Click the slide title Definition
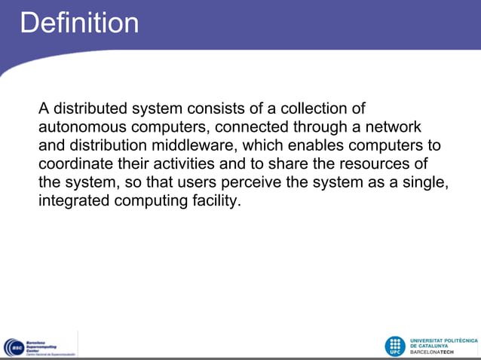pyautogui.click(x=79, y=23)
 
